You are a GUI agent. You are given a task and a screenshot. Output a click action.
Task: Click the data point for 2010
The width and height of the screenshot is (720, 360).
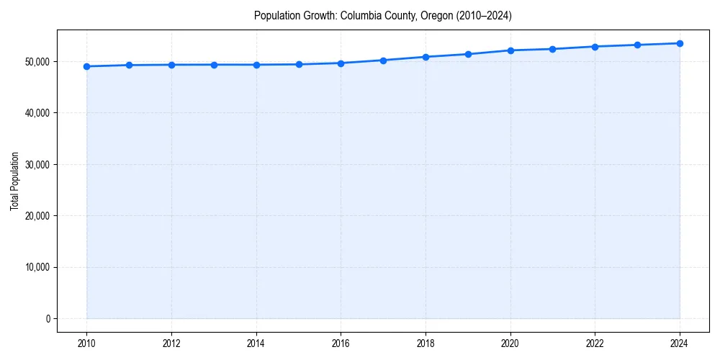coord(86,66)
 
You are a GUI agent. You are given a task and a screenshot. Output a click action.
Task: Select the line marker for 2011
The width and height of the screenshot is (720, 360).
coord(129,65)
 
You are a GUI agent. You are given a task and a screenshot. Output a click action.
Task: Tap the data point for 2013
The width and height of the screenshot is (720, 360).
coord(214,65)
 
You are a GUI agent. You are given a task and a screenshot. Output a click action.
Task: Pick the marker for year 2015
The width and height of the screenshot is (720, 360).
coord(299,64)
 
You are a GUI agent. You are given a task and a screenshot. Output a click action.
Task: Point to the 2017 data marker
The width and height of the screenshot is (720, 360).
coord(383,60)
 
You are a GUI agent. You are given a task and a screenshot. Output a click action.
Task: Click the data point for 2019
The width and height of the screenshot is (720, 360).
coord(468,54)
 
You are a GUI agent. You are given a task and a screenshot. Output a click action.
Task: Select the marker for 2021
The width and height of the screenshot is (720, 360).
coord(552,49)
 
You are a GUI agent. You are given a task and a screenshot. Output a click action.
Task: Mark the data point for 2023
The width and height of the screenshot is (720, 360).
coord(637,45)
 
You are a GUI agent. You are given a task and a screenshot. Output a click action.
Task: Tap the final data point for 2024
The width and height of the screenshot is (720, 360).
coord(680,43)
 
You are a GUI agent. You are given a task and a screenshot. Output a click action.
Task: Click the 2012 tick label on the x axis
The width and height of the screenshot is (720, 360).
coord(171,343)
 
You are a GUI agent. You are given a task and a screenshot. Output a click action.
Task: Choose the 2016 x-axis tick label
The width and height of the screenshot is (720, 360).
coord(341,343)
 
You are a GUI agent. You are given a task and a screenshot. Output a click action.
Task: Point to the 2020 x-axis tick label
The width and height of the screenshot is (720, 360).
coord(510,343)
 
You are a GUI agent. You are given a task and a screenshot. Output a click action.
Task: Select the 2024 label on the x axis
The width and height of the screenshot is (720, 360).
coord(680,343)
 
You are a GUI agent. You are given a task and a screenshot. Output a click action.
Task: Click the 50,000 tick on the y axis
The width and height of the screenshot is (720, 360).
coord(37,62)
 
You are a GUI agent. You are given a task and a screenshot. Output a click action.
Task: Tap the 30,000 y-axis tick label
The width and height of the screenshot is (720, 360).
coord(37,165)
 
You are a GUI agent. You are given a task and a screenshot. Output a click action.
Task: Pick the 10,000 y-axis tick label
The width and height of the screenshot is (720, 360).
coord(37,267)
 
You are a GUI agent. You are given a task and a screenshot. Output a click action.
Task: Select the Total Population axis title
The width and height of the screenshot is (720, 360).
coord(14,181)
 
